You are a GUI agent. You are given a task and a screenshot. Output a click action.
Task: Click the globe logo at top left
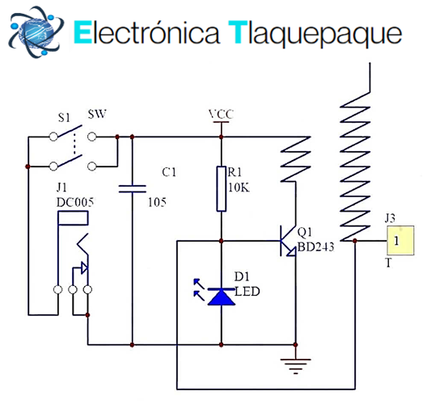[36, 32]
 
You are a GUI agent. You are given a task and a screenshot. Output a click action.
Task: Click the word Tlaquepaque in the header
[315, 34]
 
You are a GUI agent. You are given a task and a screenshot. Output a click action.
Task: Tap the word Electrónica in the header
[146, 32]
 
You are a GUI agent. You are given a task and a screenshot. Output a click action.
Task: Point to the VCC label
[221, 114]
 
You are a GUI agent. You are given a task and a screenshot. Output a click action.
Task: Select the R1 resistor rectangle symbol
[222, 188]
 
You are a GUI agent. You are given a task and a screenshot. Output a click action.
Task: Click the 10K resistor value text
[239, 187]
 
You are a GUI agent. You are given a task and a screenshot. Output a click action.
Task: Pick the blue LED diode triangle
[222, 297]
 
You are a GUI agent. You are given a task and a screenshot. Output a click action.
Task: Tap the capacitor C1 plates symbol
[132, 189]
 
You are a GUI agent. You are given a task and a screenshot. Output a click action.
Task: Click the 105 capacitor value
[157, 203]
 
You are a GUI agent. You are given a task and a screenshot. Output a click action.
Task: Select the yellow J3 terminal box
[400, 241]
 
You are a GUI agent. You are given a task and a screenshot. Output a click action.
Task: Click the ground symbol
[296, 366]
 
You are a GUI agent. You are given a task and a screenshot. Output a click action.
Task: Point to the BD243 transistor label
[315, 247]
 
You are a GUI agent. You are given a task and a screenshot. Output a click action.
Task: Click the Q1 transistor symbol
[288, 241]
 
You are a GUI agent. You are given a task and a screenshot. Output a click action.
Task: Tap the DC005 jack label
[75, 203]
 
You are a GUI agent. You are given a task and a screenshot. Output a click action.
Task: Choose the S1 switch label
[64, 118]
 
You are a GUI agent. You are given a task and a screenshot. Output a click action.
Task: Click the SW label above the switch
[97, 114]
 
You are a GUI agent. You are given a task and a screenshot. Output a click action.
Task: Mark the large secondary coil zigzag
[355, 166]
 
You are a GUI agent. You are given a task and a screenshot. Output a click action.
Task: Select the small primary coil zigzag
[296, 159]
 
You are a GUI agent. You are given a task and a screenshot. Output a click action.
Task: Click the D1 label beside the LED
[242, 277]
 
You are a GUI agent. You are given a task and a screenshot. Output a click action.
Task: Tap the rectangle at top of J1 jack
[73, 218]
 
